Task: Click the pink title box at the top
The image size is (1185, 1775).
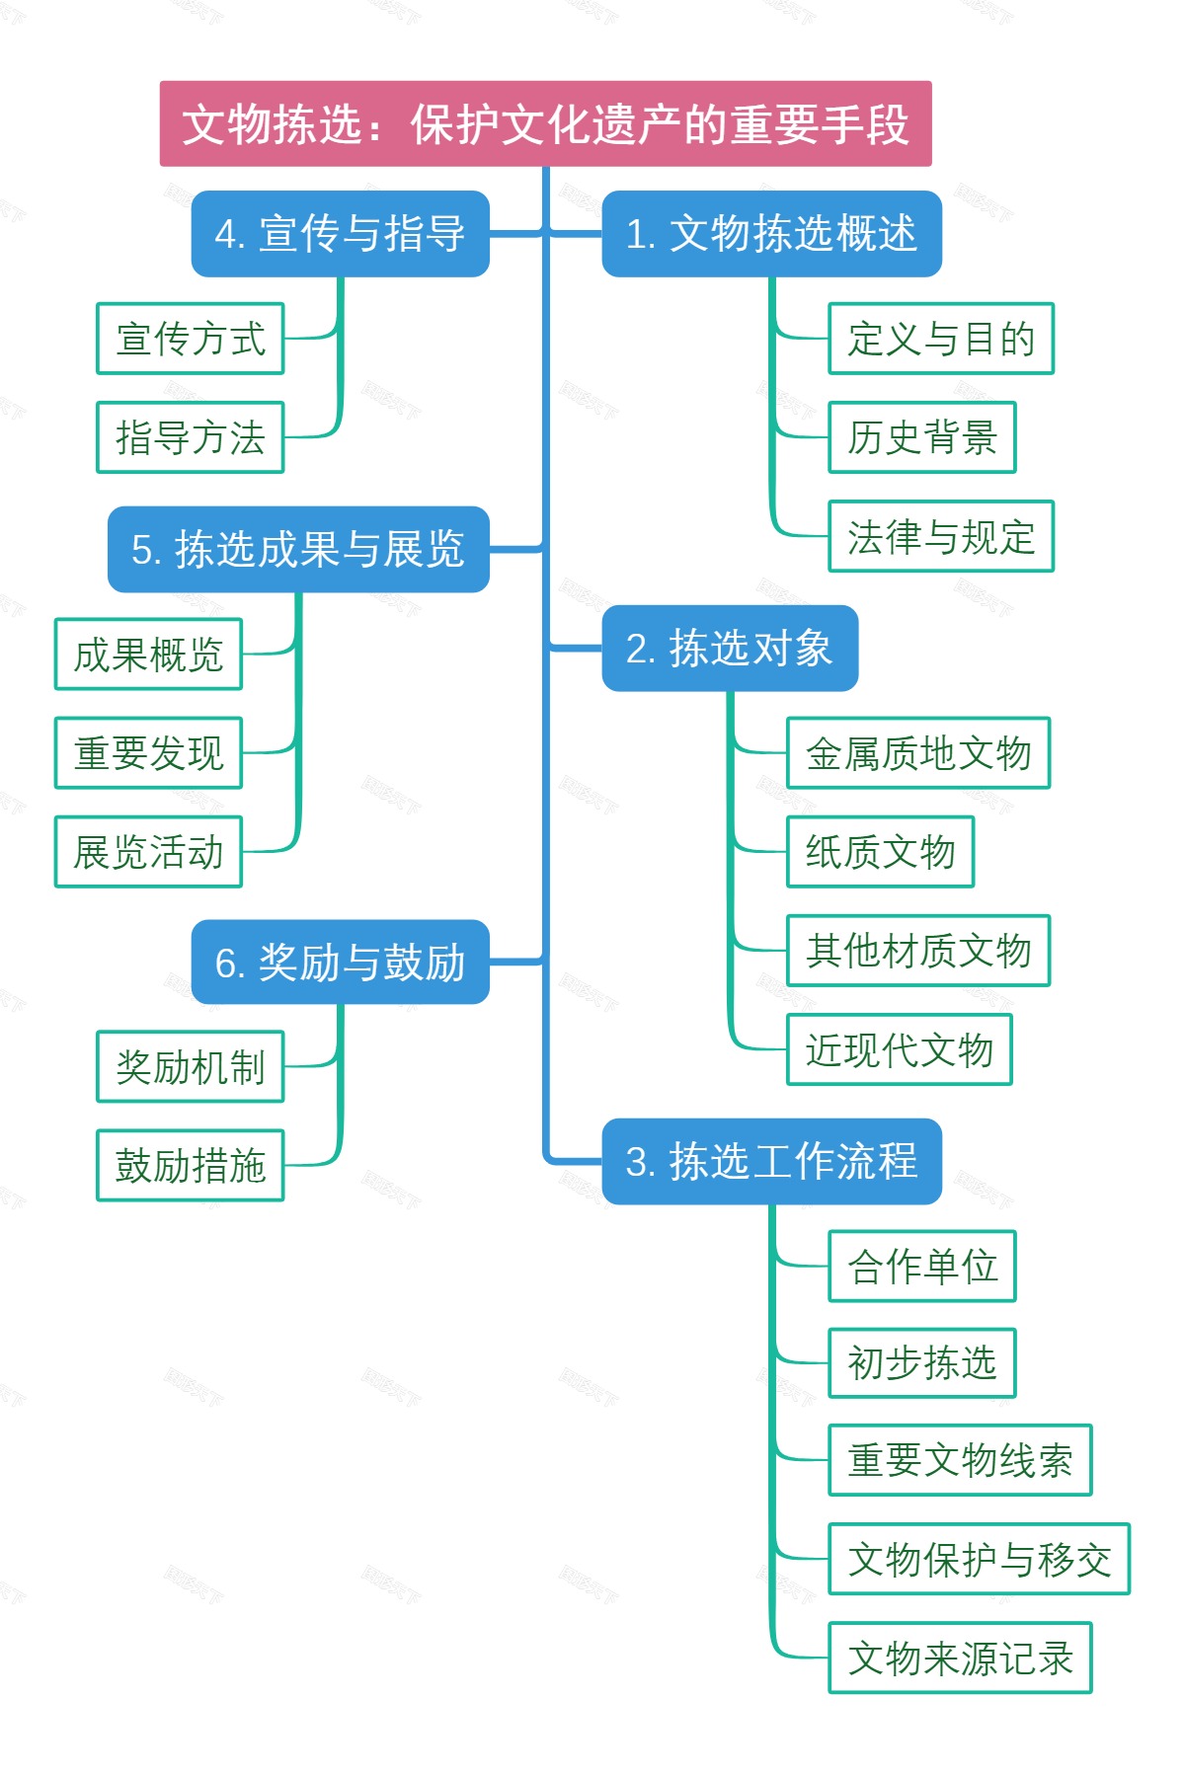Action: [545, 124]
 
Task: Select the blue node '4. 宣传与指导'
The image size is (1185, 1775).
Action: [340, 234]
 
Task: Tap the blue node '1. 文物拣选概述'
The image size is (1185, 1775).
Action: [771, 234]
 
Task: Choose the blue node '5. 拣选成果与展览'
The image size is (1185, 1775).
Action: [298, 550]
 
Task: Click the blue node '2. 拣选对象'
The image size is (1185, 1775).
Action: [730, 649]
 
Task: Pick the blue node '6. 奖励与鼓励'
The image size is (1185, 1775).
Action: [340, 963]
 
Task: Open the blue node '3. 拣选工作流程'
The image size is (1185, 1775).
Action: [771, 1161]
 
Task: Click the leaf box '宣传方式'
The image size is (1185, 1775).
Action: [191, 339]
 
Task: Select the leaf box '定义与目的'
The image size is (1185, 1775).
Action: [941, 339]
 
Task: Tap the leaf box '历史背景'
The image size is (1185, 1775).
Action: [922, 437]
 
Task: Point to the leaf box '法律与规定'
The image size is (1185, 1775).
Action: [941, 536]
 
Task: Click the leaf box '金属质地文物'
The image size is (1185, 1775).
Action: [918, 753]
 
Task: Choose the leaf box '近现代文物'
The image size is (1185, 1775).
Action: [900, 1049]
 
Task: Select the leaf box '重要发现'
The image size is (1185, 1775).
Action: [149, 753]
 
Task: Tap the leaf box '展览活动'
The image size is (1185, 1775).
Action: [149, 852]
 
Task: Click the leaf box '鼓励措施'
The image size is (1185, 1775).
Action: [191, 1166]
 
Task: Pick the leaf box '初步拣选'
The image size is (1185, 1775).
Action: [922, 1363]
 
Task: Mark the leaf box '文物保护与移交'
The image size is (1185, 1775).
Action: [979, 1560]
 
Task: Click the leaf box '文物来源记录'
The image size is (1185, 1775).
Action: [960, 1659]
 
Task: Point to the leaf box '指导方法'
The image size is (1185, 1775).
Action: [191, 437]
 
